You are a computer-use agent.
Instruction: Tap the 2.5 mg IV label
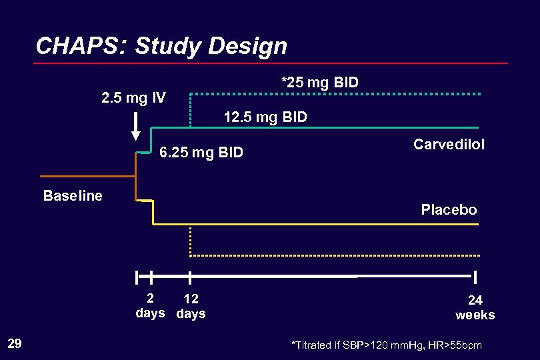tap(133, 99)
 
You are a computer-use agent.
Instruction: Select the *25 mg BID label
tap(320, 83)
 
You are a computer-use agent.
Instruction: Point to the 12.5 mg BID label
tap(265, 118)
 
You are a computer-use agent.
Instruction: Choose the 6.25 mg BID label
tap(201, 153)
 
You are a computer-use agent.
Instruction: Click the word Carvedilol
tap(449, 145)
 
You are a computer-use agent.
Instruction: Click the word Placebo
tap(449, 210)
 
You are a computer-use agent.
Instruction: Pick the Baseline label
tap(73, 196)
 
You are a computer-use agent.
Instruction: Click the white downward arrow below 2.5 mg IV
tap(136, 127)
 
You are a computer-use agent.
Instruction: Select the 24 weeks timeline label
tap(475, 307)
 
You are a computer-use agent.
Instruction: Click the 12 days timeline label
tap(191, 306)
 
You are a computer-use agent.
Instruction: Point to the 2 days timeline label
tap(151, 306)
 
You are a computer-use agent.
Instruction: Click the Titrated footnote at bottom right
tap(387, 345)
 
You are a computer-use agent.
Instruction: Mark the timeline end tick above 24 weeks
tap(476, 277)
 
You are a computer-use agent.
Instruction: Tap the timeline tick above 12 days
tap(190, 277)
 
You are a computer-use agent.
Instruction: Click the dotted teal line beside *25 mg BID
tap(373, 94)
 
